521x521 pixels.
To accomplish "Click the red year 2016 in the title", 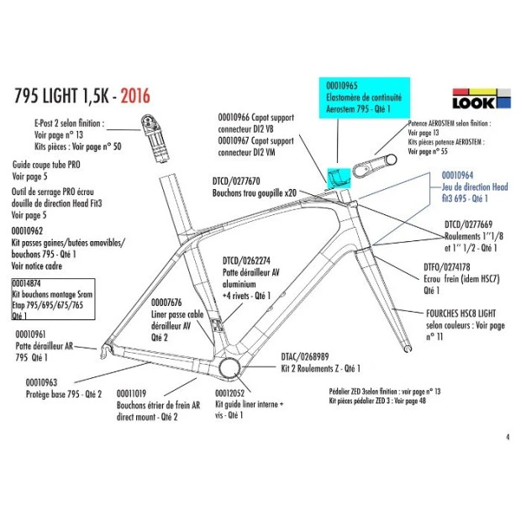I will coord(134,95).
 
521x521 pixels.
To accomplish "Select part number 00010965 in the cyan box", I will coord(342,85).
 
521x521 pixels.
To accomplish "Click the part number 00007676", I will coord(168,302).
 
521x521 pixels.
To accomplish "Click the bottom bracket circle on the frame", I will coord(229,368).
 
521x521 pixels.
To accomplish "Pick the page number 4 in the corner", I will coord(508,437).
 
